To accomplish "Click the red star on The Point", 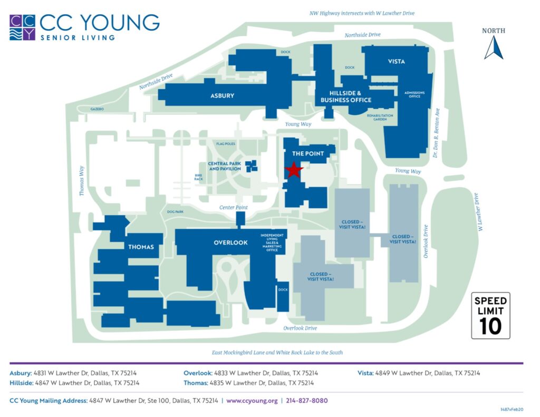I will point(293,170).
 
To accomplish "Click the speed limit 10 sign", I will point(490,315).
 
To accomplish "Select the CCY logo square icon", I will point(22,27).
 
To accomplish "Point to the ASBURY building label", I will point(222,95).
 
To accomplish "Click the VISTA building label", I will point(396,62).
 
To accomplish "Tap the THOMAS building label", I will point(141,247).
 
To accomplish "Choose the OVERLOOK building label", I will point(230,243).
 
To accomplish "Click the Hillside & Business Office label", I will point(346,96).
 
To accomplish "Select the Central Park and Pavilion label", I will point(225,166).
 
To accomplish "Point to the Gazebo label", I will point(97,109).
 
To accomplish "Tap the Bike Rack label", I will point(198,177).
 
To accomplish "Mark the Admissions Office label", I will point(414,95).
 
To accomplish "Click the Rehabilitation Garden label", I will point(377,117).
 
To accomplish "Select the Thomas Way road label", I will point(82,181).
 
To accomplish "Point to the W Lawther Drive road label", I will point(479,212).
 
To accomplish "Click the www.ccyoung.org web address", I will point(252,401).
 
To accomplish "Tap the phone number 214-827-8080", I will point(306,401).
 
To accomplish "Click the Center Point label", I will point(234,207).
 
